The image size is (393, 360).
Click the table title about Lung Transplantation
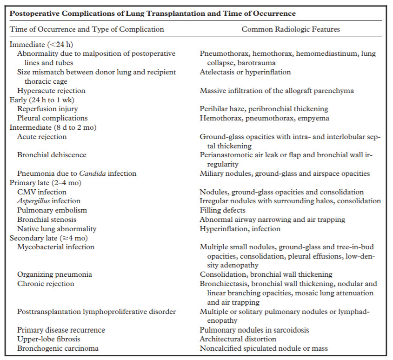(153, 13)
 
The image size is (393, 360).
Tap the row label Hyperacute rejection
(51, 90)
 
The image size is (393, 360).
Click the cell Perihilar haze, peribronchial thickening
(264, 109)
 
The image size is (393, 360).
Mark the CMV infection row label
(41, 192)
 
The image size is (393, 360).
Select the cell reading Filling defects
(223, 210)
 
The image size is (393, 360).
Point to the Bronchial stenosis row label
(47, 219)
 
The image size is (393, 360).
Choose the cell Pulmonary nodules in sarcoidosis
(254, 330)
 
